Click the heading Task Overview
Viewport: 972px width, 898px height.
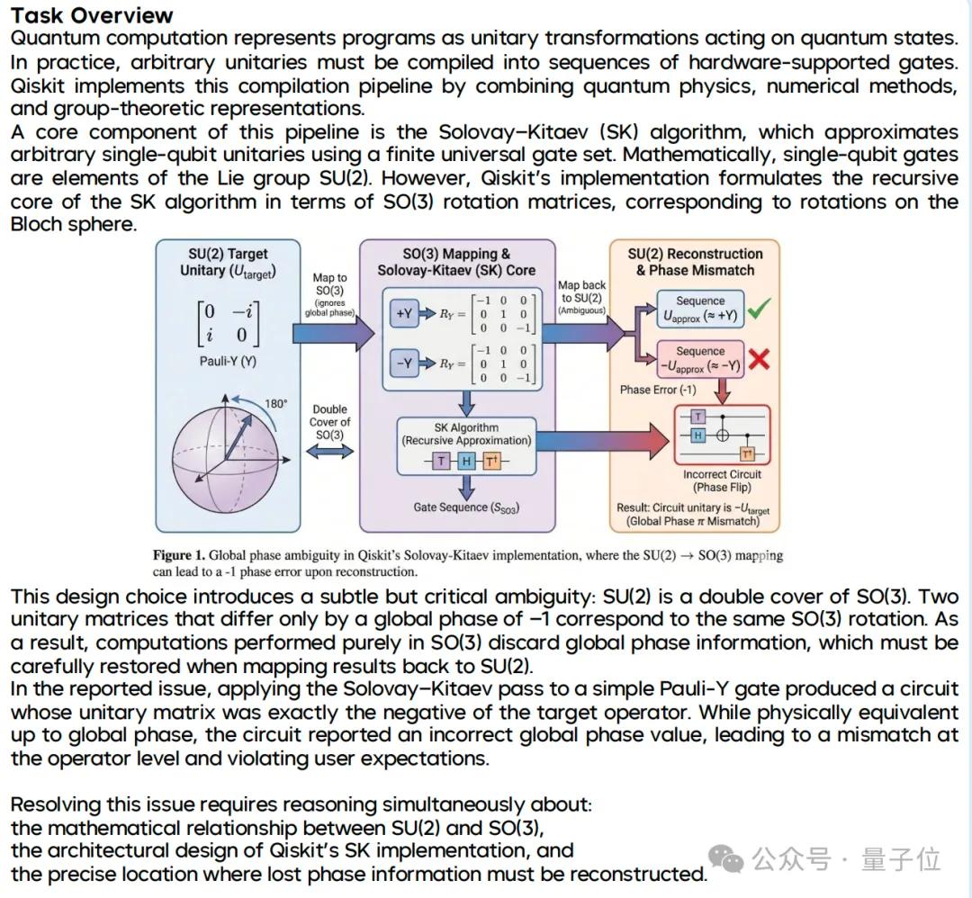point(93,15)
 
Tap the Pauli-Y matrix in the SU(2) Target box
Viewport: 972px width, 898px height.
point(228,324)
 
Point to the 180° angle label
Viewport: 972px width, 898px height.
point(276,404)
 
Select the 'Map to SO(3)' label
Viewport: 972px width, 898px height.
point(329,283)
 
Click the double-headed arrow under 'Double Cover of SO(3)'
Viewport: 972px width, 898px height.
point(329,451)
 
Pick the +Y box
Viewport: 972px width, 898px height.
point(404,314)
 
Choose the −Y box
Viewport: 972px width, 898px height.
point(404,364)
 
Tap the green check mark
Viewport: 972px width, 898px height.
point(760,308)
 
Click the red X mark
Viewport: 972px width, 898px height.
point(760,359)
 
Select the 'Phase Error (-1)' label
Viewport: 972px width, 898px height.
point(658,390)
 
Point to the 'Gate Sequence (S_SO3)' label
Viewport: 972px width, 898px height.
point(466,507)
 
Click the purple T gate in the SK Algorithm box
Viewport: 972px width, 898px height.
point(441,461)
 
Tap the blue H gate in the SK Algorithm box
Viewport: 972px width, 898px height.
point(466,461)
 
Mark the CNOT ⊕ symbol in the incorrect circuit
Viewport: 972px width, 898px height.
point(722,436)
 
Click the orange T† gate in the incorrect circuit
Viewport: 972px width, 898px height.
point(748,455)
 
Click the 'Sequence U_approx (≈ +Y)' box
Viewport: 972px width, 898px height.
point(700,309)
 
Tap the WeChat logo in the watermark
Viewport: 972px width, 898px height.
point(726,859)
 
